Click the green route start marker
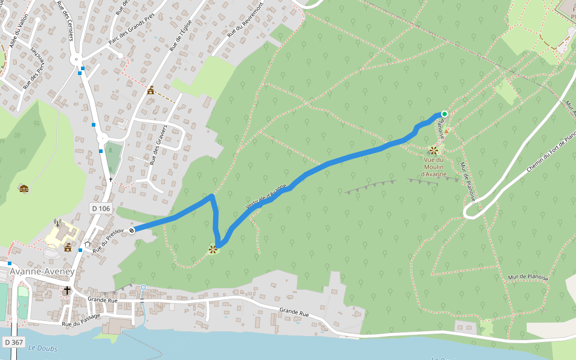click(445, 113)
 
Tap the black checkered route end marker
click(131, 230)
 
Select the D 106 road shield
click(101, 208)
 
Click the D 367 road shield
click(13, 342)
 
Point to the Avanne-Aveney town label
click(42, 272)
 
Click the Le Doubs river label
click(41, 348)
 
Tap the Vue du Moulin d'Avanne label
click(434, 167)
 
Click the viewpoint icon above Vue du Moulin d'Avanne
click(433, 150)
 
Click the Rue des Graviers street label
click(157, 148)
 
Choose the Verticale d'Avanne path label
click(266, 197)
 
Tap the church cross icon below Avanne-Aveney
click(67, 290)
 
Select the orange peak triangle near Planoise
click(446, 130)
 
